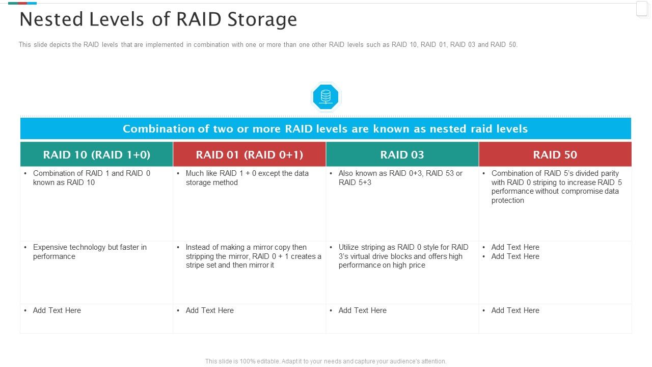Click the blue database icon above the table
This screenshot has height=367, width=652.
coord(325,96)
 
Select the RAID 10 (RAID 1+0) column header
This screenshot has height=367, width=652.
coord(96,154)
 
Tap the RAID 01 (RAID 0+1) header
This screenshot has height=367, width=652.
coord(249,154)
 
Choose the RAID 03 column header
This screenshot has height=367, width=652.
coord(402,154)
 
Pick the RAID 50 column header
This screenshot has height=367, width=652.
coord(555,154)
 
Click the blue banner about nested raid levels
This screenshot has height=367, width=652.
coord(325,128)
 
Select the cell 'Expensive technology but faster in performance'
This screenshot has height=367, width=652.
coord(90,252)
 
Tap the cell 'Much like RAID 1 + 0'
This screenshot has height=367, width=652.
coord(247,178)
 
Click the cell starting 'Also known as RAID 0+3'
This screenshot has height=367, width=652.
coord(400,178)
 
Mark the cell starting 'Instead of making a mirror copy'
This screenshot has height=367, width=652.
coord(253,256)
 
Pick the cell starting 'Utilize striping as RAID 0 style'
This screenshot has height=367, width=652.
coord(403,256)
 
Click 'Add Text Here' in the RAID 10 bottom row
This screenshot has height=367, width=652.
coord(57,310)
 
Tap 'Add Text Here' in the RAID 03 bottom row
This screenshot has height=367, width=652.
coord(363,310)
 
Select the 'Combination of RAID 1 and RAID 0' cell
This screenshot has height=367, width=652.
coord(92,178)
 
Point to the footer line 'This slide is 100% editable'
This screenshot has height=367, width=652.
coord(325,361)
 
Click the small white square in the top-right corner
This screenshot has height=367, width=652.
coord(642,9)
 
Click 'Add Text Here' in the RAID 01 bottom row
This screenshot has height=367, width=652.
coord(210,310)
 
